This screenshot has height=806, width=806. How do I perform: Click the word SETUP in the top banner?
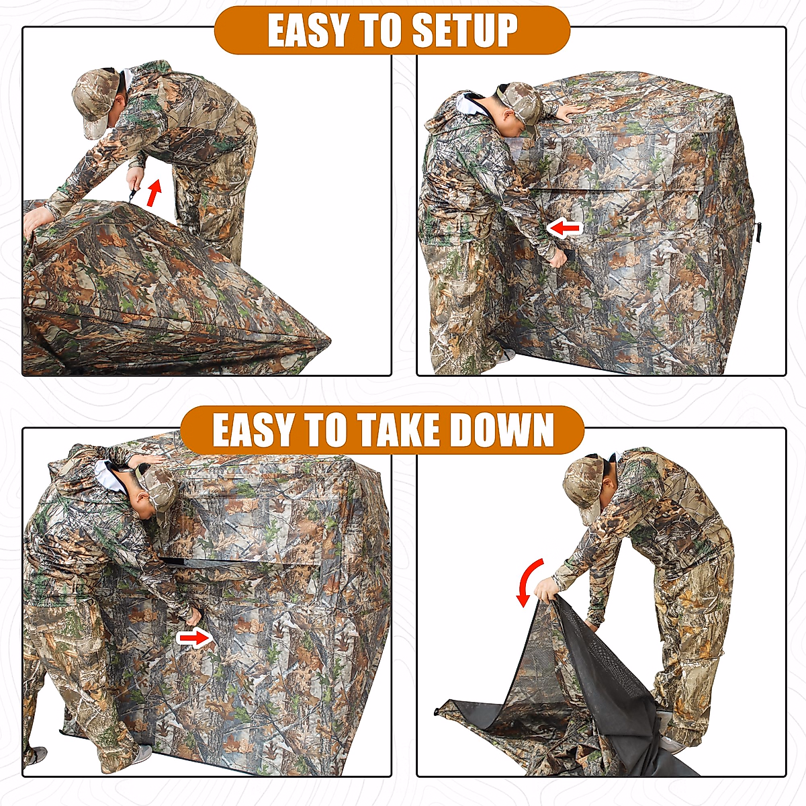click(x=464, y=31)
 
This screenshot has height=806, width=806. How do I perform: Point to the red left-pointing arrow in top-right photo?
click(x=564, y=228)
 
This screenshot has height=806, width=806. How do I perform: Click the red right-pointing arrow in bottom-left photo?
click(x=195, y=638)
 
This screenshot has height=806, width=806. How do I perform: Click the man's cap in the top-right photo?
click(x=521, y=101)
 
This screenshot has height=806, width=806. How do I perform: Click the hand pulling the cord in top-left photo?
click(x=136, y=179)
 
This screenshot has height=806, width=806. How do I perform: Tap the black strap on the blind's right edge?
click(x=758, y=232)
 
